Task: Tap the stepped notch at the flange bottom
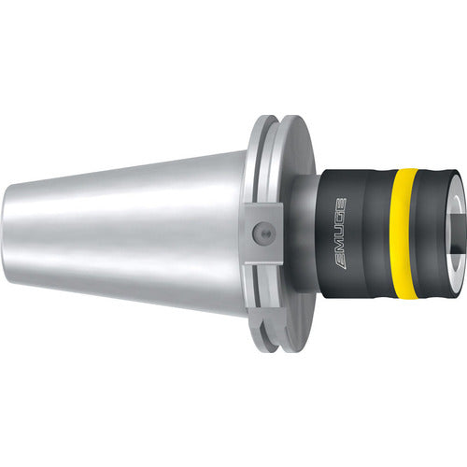[271, 335]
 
